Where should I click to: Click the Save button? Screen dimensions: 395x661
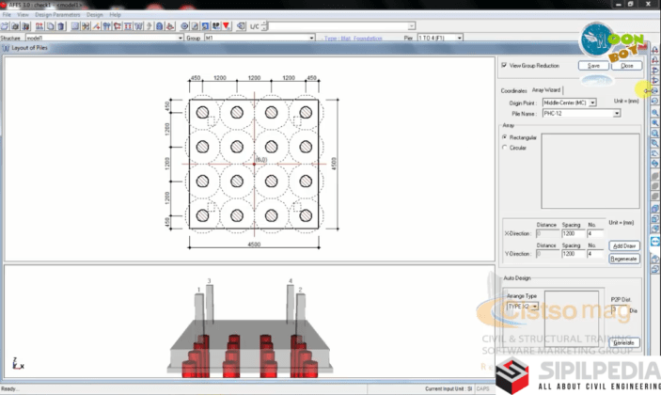coord(593,66)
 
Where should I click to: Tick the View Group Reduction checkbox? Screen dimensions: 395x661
coord(504,66)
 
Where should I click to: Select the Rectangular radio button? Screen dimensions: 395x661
coord(505,136)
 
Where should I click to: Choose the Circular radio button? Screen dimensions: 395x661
coord(505,148)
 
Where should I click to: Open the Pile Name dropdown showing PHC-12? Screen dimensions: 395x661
coord(617,113)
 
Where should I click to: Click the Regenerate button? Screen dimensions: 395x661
coord(624,259)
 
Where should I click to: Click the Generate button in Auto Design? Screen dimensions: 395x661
coord(626,342)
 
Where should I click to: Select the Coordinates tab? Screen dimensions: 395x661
coord(514,90)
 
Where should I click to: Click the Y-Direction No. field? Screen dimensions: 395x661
coord(595,254)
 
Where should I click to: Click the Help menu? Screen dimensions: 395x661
coord(116,15)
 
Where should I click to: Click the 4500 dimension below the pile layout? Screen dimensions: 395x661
coord(254,244)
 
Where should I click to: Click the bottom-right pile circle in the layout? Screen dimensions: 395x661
coord(305,214)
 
